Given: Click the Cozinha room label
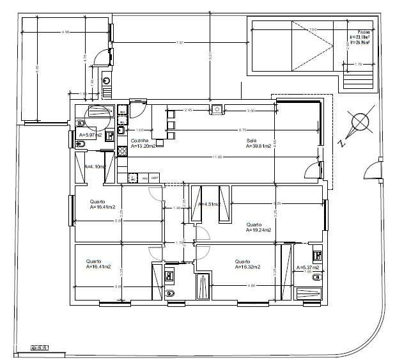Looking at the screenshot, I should [x=139, y=140].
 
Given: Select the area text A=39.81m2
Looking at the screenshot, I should [x=259, y=146].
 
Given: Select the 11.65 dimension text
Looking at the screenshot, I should [x=219, y=157].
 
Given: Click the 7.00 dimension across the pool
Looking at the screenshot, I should [x=311, y=29].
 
